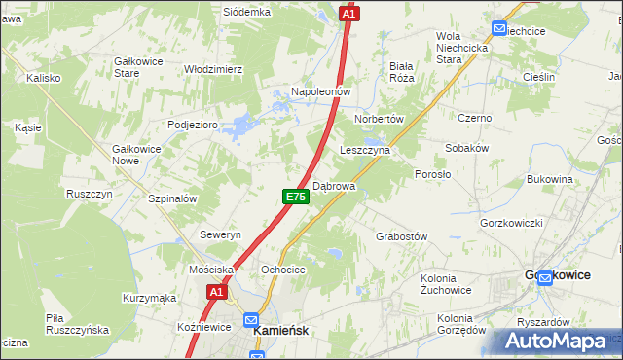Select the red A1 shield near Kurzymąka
[217, 291]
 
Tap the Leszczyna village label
[365, 151]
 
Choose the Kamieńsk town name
[280, 331]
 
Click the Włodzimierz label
[213, 69]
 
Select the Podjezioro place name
[192, 124]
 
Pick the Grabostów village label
[402, 236]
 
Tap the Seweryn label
[220, 235]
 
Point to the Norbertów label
[380, 119]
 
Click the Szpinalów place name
[172, 198]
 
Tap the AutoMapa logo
[556, 342]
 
